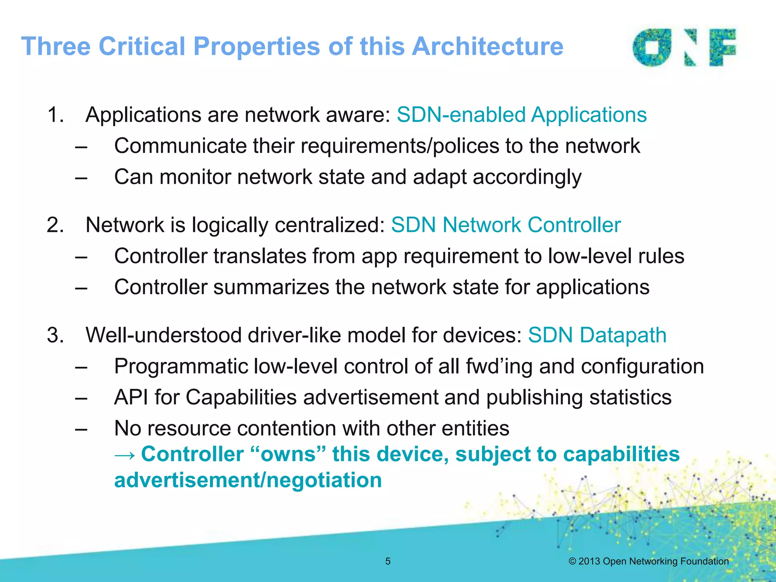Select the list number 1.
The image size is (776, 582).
(55, 115)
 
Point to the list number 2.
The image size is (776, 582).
(55, 225)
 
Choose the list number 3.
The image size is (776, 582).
(55, 335)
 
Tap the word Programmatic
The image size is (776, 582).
(181, 366)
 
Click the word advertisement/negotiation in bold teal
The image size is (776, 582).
(248, 480)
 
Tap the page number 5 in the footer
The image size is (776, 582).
(388, 561)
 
